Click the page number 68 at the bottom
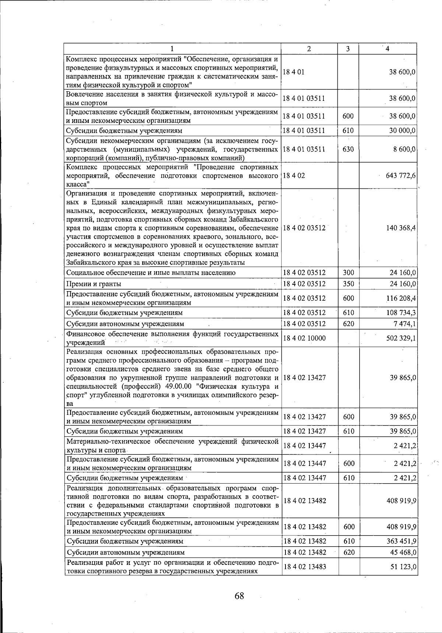point(239,596)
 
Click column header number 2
point(309,49)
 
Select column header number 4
point(387,49)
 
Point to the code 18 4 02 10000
point(304,338)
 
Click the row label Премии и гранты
point(94,284)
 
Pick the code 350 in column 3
point(348,284)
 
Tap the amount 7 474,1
point(404,324)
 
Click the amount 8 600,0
point(404,149)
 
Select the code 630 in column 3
point(348,149)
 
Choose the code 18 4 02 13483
point(304,567)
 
